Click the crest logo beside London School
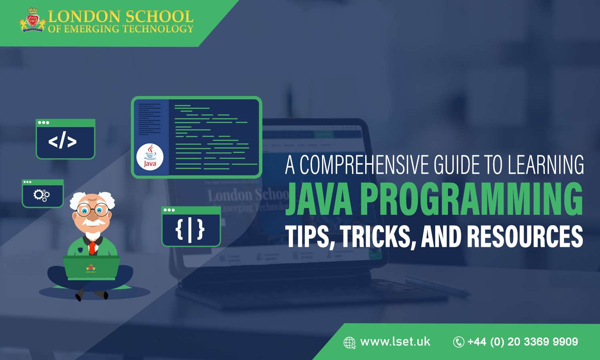(x=32, y=21)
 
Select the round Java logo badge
(x=150, y=157)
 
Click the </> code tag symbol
(x=62, y=142)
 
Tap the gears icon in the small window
(x=42, y=195)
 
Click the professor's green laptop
(x=92, y=267)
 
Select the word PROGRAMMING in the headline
(x=472, y=199)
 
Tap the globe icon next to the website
(x=349, y=343)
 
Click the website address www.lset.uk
(x=395, y=342)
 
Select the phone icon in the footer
(x=458, y=342)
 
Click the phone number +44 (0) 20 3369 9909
(x=523, y=342)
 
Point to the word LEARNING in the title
(x=546, y=165)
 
